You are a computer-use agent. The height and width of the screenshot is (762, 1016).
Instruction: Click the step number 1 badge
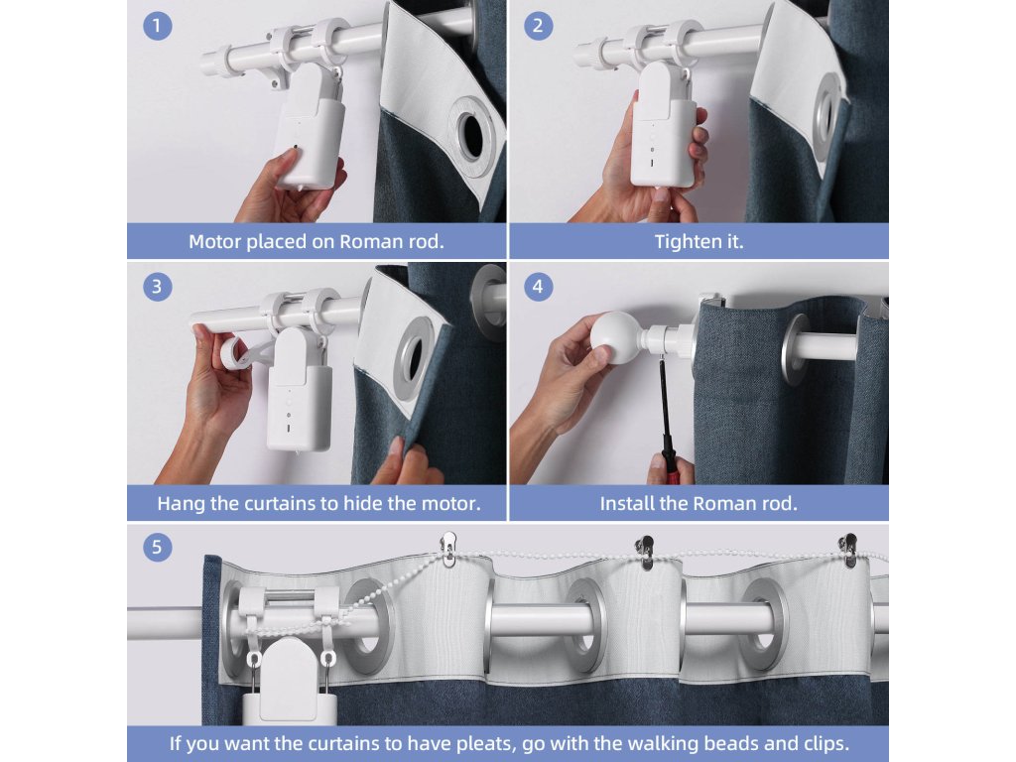[158, 26]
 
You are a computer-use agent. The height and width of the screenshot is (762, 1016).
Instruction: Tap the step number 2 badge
[538, 26]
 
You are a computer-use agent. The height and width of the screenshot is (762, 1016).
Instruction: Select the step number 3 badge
[158, 287]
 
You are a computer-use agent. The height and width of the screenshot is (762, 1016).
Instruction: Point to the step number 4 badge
[538, 287]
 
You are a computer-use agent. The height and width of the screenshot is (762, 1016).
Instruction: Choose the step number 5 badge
[158, 547]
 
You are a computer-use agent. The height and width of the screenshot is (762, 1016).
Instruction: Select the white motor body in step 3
[300, 390]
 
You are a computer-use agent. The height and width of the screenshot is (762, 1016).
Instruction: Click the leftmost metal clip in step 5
[448, 549]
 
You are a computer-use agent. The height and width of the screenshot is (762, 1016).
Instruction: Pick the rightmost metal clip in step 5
[848, 550]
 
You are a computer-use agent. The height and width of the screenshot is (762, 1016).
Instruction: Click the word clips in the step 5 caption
[823, 743]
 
